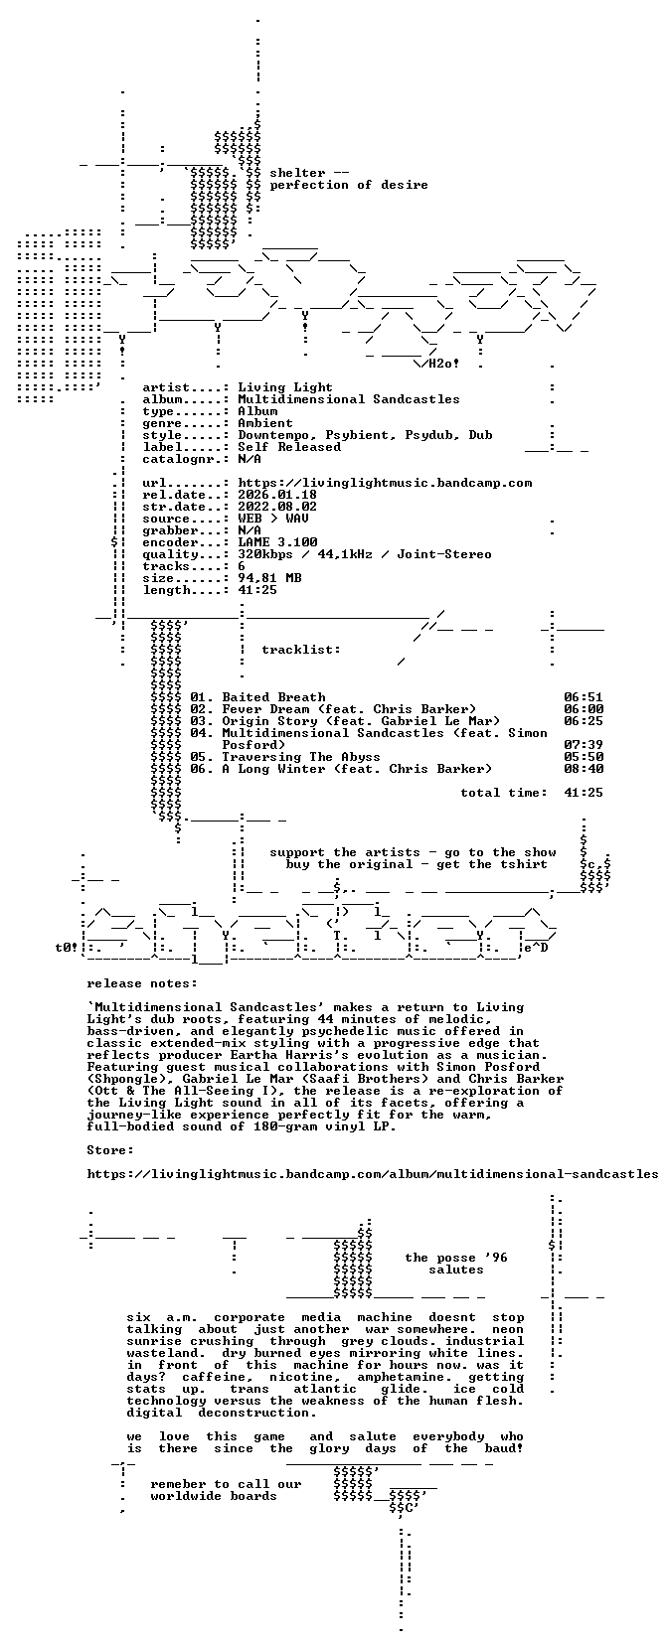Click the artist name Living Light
285,387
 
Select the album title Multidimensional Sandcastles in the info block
349,399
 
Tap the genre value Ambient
265,423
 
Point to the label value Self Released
289,446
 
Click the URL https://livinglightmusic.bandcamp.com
385,483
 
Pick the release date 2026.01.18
277,495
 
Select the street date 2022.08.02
277,507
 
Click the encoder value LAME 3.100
277,542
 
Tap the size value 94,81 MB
269,578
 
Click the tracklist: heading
301,650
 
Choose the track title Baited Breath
273,697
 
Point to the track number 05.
202,756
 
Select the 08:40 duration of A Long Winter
584,769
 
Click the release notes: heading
142,983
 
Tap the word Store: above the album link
110,1150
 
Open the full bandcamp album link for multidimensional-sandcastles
373,1173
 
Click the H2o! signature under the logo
444,363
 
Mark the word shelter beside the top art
297,173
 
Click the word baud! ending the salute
503,1448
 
